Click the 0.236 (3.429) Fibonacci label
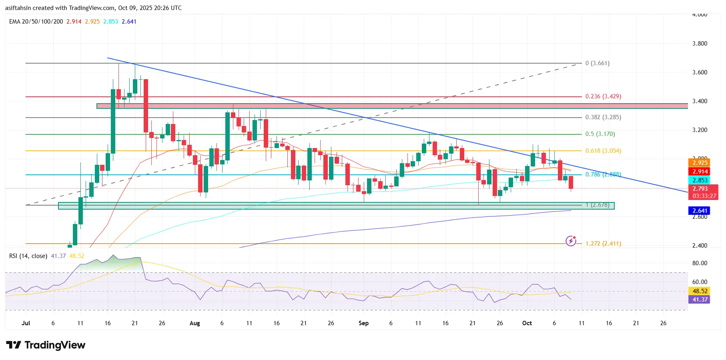(603, 96)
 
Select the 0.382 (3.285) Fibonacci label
(603, 117)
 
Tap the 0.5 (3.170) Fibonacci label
(600, 134)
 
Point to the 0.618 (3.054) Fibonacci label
(603, 151)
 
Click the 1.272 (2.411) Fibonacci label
(603, 244)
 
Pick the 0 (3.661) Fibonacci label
(597, 63)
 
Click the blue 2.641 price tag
(700, 211)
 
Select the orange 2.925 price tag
(700, 163)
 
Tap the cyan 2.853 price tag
(700, 180)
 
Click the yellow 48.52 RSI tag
(700, 291)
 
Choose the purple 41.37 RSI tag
(700, 300)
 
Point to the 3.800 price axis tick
(700, 44)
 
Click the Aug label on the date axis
(195, 323)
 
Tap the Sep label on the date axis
(363, 323)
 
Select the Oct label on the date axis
(527, 323)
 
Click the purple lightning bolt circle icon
(571, 241)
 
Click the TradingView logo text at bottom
(46, 345)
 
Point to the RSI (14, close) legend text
(28, 256)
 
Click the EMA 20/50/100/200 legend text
(36, 22)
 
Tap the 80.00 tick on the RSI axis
(700, 263)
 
